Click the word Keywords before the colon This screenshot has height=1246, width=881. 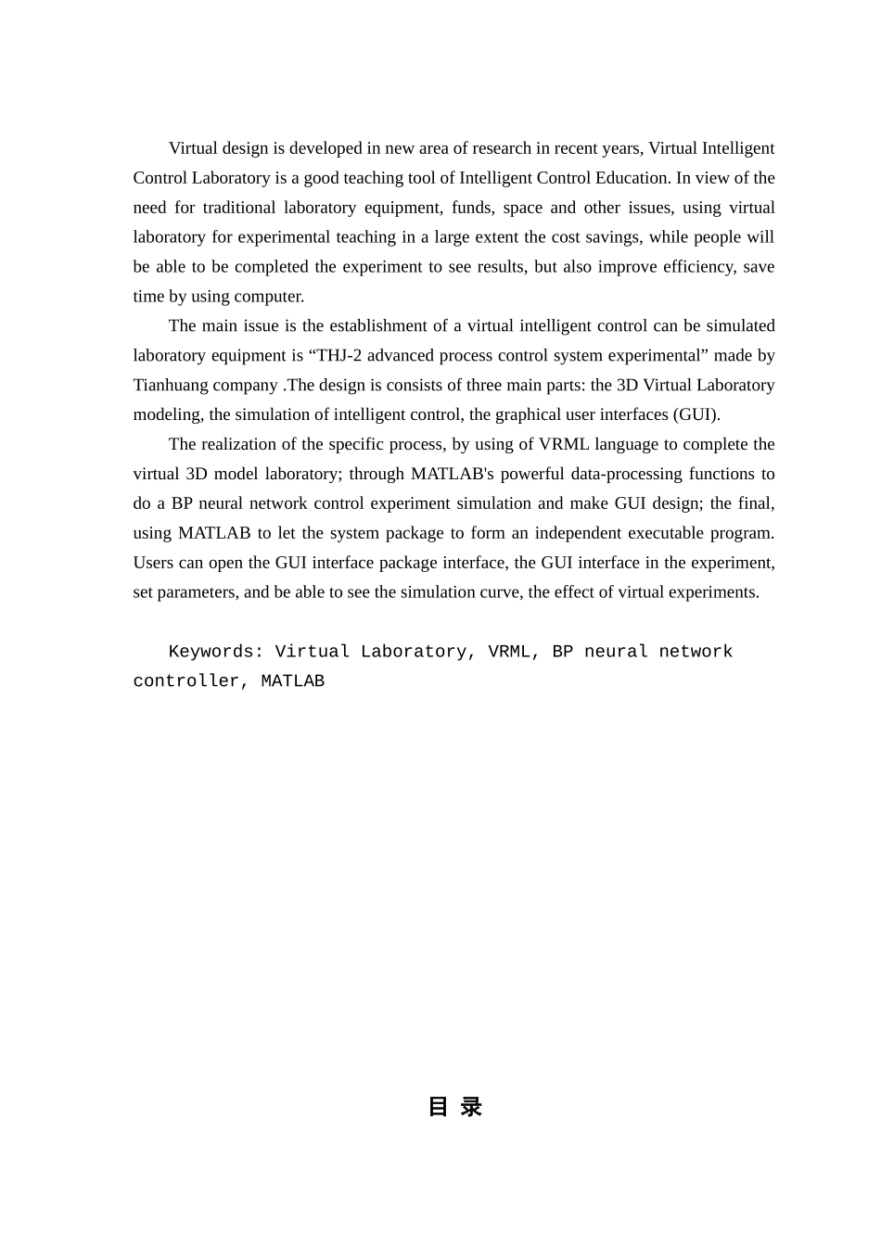(x=213, y=652)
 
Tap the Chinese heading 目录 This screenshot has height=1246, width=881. (x=454, y=1106)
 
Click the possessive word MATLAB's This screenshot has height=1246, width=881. (x=452, y=474)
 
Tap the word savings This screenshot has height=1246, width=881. (x=612, y=237)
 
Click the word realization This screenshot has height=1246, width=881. (x=243, y=444)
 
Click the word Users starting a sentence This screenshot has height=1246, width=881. (x=155, y=563)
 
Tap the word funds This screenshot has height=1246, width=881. (x=471, y=208)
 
